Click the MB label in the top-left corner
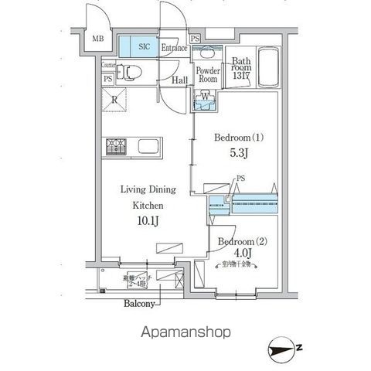98,39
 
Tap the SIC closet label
145,47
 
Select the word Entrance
174,48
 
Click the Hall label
179,80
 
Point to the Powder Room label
206,74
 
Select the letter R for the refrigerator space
114,99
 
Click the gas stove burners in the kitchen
117,145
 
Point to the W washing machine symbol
205,97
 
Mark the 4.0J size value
243,253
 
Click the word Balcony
141,304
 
